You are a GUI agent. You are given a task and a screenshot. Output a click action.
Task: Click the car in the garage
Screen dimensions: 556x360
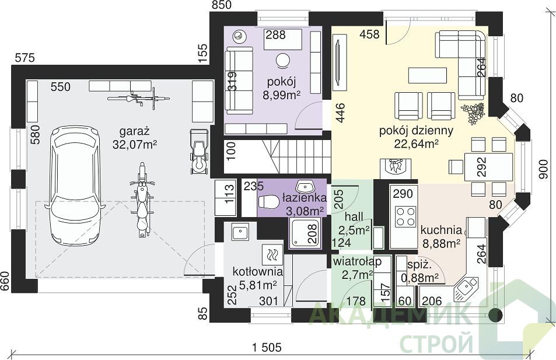pyautogui.click(x=75, y=184)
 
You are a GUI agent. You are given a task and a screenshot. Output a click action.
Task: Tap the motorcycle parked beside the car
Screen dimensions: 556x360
pyautogui.click(x=142, y=200)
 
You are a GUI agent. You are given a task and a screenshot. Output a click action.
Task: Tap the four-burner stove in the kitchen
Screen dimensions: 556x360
pyautogui.click(x=405, y=216)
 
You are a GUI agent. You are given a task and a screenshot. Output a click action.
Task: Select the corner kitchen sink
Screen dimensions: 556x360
pyautogui.click(x=464, y=286)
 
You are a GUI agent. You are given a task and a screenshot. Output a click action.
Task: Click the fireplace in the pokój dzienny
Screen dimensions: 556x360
pyautogui.click(x=396, y=169)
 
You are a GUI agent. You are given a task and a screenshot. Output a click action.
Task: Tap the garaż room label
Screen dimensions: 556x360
pyautogui.click(x=134, y=132)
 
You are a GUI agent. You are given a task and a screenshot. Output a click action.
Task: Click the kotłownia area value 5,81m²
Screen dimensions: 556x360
pyautogui.click(x=258, y=284)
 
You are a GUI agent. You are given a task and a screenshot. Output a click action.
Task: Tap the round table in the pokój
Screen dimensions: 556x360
pyautogui.click(x=282, y=60)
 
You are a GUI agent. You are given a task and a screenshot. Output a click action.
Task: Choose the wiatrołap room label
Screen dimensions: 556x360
pyautogui.click(x=357, y=261)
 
